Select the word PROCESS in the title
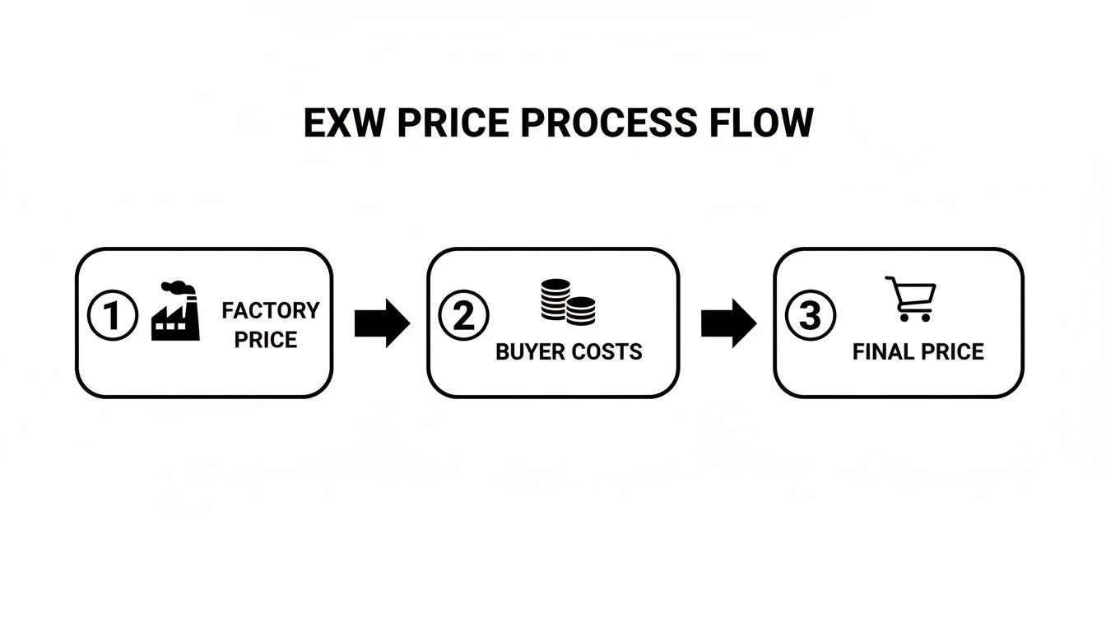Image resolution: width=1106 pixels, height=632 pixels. tap(608, 123)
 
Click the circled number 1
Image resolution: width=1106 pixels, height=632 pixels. tap(112, 317)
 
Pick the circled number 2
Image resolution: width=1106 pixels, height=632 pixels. tap(463, 316)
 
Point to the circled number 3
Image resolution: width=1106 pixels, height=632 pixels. tap(811, 316)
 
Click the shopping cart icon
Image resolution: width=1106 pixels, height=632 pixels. tap(912, 298)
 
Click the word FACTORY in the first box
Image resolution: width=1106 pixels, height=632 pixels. tap(270, 310)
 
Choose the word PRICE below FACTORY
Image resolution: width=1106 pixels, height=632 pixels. tap(265, 340)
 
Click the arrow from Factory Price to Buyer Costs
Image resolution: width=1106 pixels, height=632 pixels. tap(382, 323)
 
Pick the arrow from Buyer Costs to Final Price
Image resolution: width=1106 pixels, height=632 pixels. tap(728, 323)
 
